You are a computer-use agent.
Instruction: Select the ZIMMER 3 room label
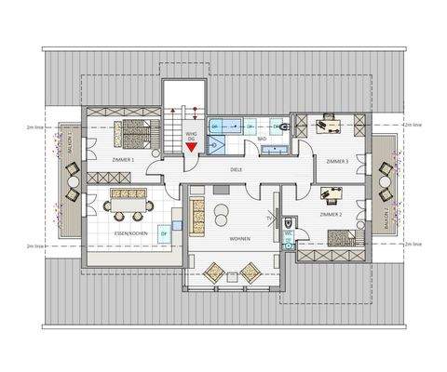336,162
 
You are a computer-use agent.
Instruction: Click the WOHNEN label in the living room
239,239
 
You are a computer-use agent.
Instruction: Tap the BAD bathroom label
262,139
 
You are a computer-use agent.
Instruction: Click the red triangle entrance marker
191,146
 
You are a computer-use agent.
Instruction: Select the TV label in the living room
269,219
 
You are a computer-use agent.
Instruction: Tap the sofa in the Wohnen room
197,216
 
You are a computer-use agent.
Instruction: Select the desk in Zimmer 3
331,120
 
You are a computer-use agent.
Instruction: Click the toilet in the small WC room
291,223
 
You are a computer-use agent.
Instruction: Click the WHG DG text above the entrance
191,136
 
